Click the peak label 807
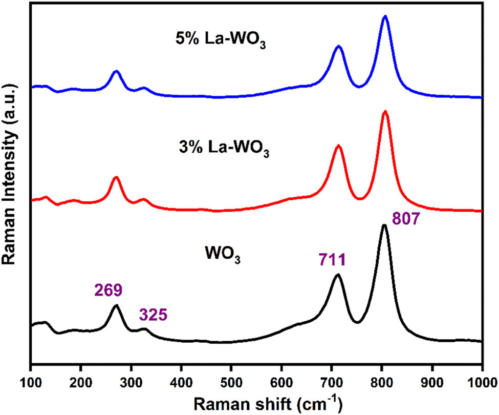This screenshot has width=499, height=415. click(x=407, y=220)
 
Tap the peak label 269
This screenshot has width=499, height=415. click(x=109, y=291)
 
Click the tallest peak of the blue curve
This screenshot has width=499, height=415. click(x=385, y=16)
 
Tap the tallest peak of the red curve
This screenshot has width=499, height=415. click(x=385, y=111)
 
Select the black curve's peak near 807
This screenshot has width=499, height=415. click(x=384, y=225)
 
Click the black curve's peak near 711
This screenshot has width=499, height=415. click(x=337, y=275)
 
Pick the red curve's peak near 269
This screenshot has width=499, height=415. click(x=116, y=177)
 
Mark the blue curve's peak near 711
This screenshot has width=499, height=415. click(x=338, y=46)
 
